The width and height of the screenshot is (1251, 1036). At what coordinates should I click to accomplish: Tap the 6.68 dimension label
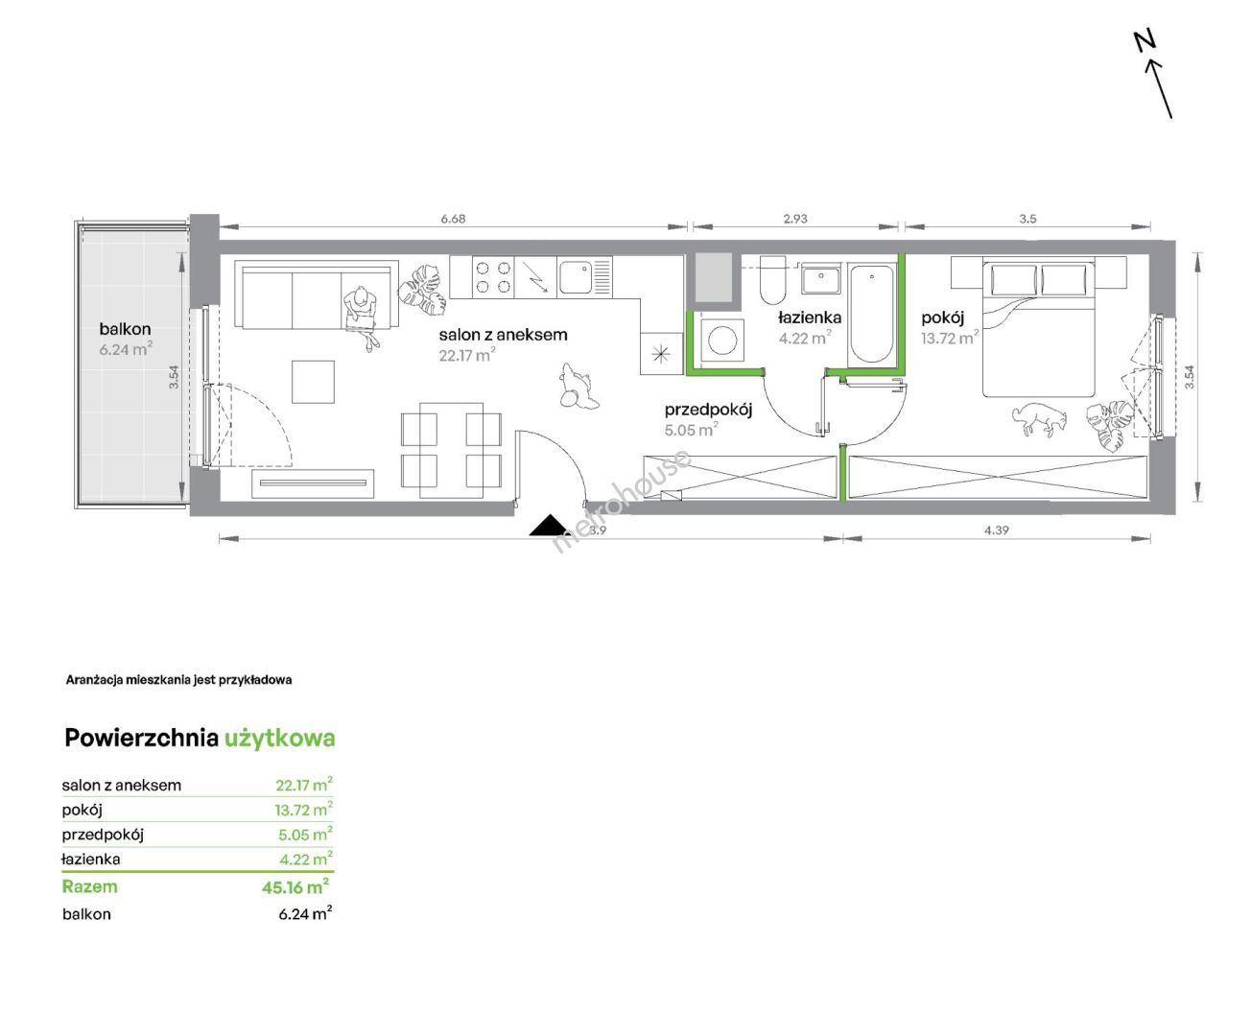pos(453,219)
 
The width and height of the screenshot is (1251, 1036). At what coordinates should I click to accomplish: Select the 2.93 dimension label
pos(795,219)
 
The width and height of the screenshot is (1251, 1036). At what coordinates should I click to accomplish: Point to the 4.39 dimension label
pos(997,530)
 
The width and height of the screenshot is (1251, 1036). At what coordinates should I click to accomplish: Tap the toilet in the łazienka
pos(773,280)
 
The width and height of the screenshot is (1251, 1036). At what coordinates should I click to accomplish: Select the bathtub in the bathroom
pos(872,314)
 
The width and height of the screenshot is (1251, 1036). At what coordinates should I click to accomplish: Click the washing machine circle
pos(722,341)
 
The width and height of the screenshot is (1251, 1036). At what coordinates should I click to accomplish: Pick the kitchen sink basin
pos(576,276)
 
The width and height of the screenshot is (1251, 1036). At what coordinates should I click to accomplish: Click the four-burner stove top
pos(493,277)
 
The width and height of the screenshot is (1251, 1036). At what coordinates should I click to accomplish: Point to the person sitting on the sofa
pos(363,316)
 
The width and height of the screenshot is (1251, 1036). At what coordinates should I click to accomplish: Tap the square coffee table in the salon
pos(313,382)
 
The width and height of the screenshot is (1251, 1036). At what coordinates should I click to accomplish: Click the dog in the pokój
pos(1040,419)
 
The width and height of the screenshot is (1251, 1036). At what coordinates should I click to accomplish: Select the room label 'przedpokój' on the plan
pos(708,411)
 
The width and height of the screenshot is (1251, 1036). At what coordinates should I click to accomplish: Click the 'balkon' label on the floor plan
pos(125,329)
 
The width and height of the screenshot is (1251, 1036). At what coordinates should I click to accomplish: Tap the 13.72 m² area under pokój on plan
pos(950,338)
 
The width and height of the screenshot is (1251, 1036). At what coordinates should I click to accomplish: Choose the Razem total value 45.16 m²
pos(295,886)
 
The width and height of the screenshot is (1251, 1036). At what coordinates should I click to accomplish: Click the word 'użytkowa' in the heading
pos(280,739)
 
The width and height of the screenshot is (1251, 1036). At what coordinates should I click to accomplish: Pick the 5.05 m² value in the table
pos(304,834)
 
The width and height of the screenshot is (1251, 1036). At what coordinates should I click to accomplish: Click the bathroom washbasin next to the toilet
pos(821,280)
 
